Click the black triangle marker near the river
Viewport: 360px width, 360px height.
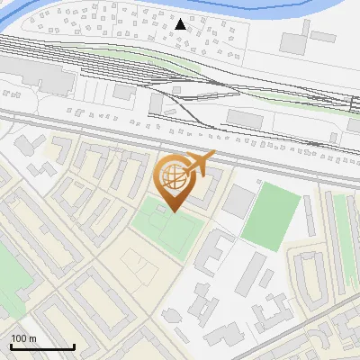[181, 24]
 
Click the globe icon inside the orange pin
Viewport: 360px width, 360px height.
[173, 178]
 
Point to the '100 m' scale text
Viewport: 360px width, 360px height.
[23, 338]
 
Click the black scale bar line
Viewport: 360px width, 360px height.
[42, 346]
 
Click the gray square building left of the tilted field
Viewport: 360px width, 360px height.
[238, 202]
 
